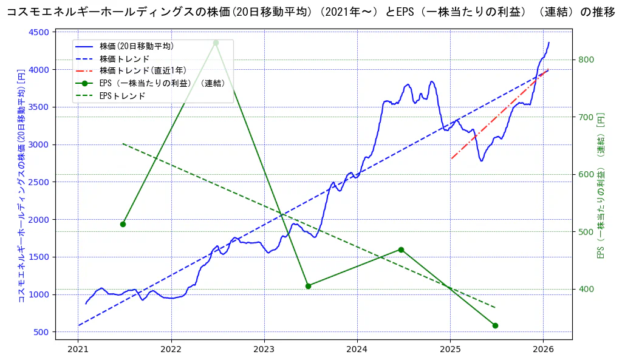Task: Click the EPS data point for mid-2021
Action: point(123,224)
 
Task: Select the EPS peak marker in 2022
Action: point(216,42)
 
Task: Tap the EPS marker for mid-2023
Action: point(308,286)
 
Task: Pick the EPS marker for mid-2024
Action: point(401,250)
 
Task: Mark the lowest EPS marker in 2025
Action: point(495,325)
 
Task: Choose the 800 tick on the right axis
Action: point(586,59)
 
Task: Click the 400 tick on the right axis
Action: point(586,289)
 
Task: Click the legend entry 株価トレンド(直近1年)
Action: point(143,71)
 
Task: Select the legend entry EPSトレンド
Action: point(122,96)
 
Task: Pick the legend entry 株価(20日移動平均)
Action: point(136,46)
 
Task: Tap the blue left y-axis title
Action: point(21,194)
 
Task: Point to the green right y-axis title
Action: point(601,185)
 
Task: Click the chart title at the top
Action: point(311,12)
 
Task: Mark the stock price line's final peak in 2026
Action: point(549,42)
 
